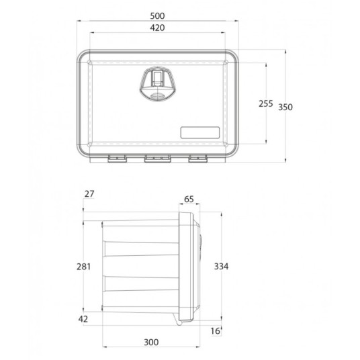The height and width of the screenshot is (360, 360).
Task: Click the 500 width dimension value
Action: pos(157,16)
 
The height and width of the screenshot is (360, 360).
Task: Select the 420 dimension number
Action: pos(157,28)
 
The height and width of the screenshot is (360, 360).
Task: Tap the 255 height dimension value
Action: pos(266,104)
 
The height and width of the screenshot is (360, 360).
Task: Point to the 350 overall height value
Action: pos(285,107)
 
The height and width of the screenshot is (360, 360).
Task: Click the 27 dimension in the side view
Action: pos(89,194)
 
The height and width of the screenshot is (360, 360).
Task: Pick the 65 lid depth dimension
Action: pos(189,199)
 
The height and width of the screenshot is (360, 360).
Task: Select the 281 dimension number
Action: pos(83,267)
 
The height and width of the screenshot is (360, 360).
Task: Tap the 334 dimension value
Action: pos(221,267)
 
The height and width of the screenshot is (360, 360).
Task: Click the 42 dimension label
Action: pos(83,319)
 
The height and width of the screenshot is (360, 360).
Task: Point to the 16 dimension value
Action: pos(216,331)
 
